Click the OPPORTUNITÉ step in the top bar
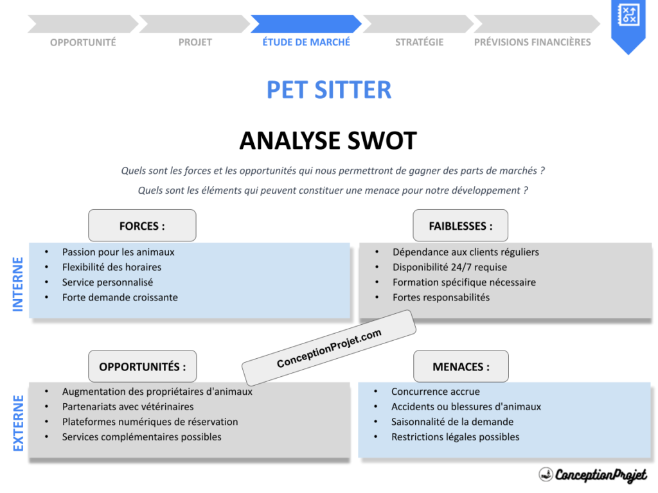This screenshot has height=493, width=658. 83,42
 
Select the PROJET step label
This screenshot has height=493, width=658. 195,42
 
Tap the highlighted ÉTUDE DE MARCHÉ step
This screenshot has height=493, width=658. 307,42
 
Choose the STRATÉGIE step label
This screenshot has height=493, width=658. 419,42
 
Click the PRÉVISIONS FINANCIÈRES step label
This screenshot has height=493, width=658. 532,42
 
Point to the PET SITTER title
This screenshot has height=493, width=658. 328,90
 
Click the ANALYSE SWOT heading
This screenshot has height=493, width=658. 328,141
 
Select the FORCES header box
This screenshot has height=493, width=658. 142,226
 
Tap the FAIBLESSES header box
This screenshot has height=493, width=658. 460,226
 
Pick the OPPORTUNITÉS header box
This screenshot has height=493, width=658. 142,367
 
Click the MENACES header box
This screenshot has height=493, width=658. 460,367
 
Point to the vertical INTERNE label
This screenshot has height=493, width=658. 18,284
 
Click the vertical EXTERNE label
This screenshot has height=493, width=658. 18,423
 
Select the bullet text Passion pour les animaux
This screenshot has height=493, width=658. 118,252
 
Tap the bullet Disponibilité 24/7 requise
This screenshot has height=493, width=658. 449,267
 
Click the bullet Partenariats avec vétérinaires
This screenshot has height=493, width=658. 127,406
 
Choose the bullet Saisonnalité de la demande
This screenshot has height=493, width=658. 452,422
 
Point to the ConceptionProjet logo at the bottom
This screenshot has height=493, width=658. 592,475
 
